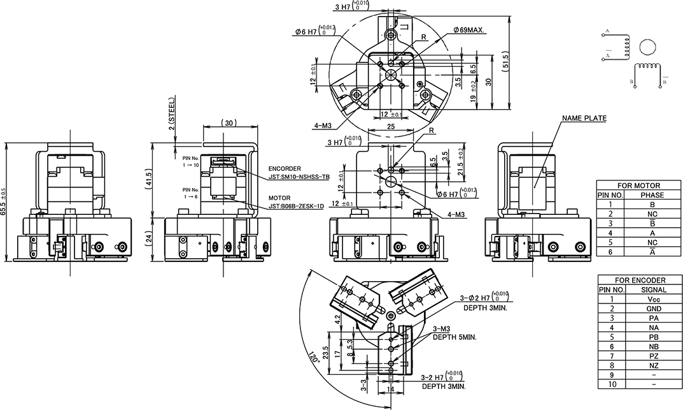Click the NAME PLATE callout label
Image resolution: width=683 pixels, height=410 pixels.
pos(584,118)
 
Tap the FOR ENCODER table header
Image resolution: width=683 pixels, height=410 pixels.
pos(640,280)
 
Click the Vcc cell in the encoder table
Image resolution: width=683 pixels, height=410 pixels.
pos(654,298)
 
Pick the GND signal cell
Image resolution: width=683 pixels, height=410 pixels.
pos(654,308)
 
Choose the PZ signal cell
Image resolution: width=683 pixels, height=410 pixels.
pos(654,356)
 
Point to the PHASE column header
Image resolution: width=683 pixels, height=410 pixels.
pos(652,195)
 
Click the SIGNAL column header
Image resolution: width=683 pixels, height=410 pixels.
pos(654,289)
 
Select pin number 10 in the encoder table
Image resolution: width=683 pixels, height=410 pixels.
pos(612,384)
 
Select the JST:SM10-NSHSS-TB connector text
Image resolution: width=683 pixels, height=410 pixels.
pos(299,177)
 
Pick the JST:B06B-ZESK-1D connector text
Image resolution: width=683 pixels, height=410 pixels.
pos(297,206)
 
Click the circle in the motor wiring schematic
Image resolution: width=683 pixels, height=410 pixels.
pos(647,47)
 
